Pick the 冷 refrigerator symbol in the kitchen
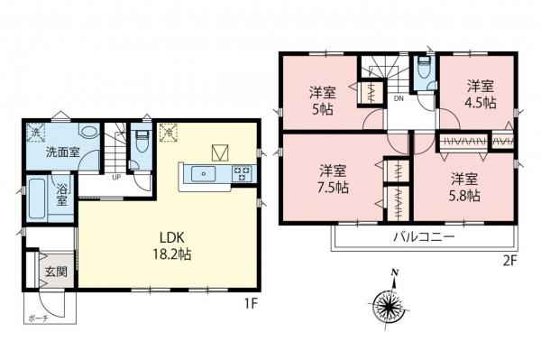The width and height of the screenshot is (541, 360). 168,134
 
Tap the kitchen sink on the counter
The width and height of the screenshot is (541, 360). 206,173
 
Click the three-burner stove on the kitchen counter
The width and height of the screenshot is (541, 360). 243,173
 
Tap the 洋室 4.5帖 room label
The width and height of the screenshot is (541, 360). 481,94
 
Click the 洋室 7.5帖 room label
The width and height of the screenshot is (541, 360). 333,179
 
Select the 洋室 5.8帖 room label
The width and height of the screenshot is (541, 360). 464,186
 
